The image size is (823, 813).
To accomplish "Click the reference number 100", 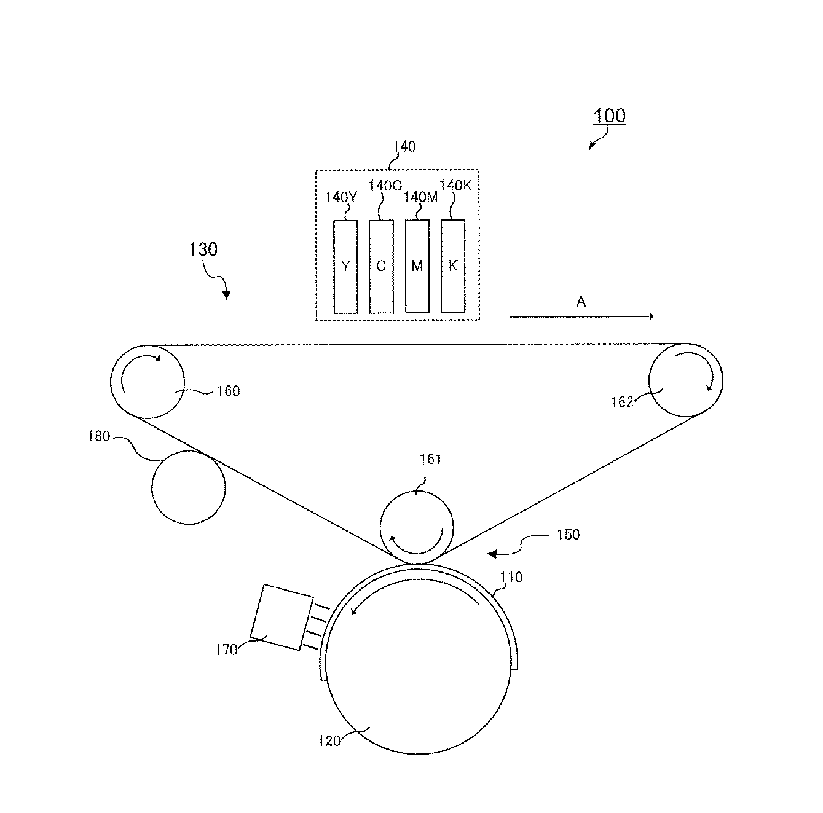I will coord(609,116).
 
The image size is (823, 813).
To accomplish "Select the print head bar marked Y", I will coord(345,267).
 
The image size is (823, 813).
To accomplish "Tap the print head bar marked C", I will coord(381,267).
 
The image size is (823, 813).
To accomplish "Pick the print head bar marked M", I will coord(417,267).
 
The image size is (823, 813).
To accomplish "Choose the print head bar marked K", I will coord(453,267).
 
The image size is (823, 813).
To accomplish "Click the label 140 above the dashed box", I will coord(404,147).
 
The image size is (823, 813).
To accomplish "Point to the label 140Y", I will coord(341,197).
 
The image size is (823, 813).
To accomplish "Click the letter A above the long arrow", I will coord(581,301).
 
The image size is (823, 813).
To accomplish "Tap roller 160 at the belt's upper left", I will coord(147,382).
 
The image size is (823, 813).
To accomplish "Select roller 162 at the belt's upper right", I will coord(686,380).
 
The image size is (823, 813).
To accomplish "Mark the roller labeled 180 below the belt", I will coord(188,487).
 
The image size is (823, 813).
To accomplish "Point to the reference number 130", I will coord(203,249).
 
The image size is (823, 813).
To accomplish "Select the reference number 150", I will coord(568,535).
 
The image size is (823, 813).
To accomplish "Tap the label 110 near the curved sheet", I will coord(511,577).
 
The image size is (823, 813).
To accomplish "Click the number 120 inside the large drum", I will coord(329,741).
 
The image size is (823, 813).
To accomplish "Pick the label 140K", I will coord(455,186).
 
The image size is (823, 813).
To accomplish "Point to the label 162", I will coord(621,402).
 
